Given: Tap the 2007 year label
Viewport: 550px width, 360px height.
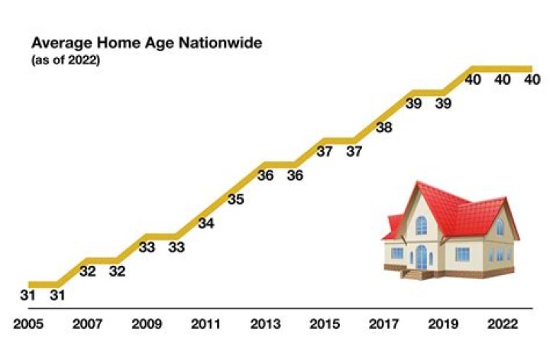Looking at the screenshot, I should coord(87,324).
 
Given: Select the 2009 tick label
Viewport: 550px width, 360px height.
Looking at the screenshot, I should coord(147,324).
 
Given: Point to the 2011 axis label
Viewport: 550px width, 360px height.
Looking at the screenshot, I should coord(205,324).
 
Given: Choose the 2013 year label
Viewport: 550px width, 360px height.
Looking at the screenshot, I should coord(265,324).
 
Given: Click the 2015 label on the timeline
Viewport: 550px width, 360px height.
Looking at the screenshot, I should coord(324,324).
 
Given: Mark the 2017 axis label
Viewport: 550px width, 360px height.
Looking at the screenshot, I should coord(383,324).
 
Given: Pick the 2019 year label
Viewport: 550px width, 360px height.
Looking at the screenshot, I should coord(442,324).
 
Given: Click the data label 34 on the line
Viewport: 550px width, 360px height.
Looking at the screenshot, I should coord(206,224).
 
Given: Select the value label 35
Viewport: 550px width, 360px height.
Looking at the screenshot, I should coord(236,200).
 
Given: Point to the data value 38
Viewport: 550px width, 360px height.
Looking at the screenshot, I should coord(384,128).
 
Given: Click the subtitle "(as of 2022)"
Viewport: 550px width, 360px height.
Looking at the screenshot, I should coord(65,60).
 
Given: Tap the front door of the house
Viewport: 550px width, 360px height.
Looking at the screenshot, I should coord(421,256).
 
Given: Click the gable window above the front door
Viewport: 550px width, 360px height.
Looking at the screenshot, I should coord(422,225).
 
